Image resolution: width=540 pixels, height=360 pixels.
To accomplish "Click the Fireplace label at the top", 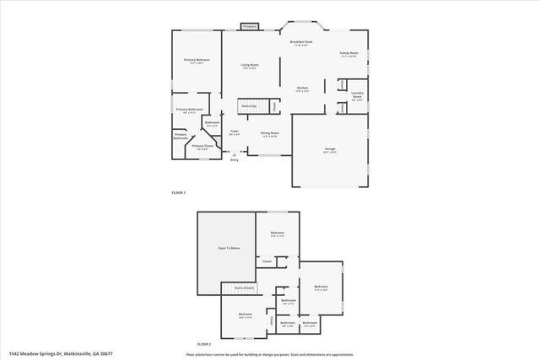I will (x=249, y=27).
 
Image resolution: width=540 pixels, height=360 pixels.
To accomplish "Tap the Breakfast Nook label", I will (x=301, y=43).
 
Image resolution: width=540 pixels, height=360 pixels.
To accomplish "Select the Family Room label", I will (x=348, y=55).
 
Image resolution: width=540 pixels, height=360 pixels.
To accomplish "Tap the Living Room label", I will (x=249, y=66).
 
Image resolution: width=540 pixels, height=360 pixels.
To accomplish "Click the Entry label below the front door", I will (x=235, y=160).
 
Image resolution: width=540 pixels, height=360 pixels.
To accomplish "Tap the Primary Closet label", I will (x=202, y=147).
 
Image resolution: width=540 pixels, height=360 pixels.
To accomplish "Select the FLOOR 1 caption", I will (x=179, y=194).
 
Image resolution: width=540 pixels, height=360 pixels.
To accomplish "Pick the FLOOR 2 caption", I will (x=204, y=344).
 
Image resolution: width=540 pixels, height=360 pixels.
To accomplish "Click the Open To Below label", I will (x=227, y=249).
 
